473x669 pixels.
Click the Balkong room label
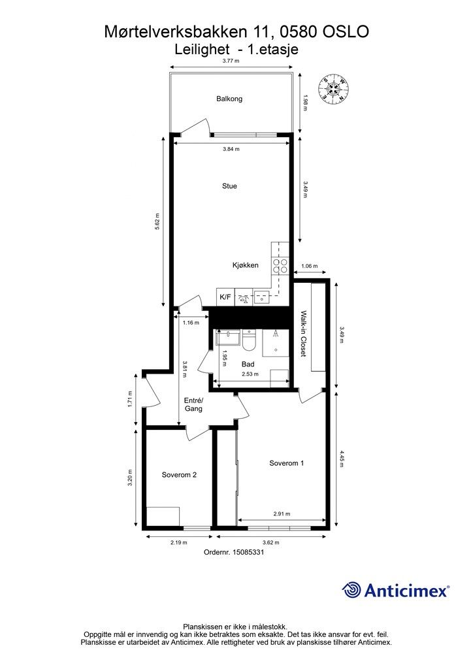pyautogui.click(x=229, y=99)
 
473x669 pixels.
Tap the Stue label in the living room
pyautogui.click(x=229, y=186)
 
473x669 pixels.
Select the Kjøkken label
pyautogui.click(x=245, y=265)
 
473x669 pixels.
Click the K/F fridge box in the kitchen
pyautogui.click(x=225, y=297)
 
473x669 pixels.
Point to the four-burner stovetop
pyautogui.click(x=280, y=266)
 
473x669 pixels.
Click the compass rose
pyautogui.click(x=334, y=89)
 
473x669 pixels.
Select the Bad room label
pyautogui.click(x=248, y=364)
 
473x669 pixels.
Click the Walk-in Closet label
pyautogui.click(x=303, y=334)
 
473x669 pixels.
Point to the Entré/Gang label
pyautogui.click(x=193, y=404)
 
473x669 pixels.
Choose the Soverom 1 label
pyautogui.click(x=287, y=463)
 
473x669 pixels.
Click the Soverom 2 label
pyautogui.click(x=179, y=474)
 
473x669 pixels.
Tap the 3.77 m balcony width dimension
pyautogui.click(x=231, y=61)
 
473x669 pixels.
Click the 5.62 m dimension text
pyautogui.click(x=157, y=221)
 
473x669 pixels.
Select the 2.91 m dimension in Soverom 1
pyautogui.click(x=282, y=514)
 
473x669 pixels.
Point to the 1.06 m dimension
pyautogui.click(x=309, y=266)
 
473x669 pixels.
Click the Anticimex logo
pyautogui.click(x=395, y=590)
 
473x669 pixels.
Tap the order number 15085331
pyautogui.click(x=248, y=551)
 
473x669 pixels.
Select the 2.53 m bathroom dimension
pyautogui.click(x=250, y=374)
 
